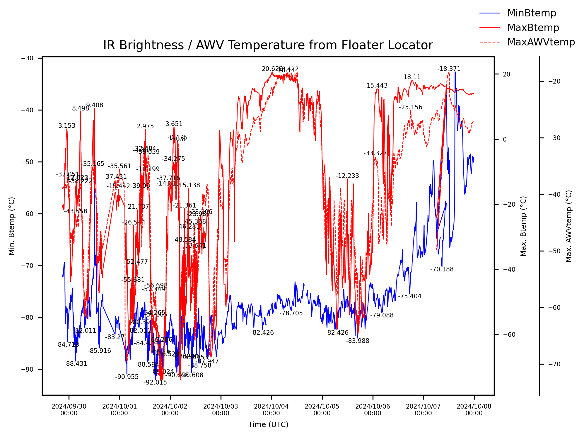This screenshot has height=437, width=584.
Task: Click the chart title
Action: pyautogui.click(x=268, y=45)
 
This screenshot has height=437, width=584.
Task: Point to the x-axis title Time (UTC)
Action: pyautogui.click(x=268, y=424)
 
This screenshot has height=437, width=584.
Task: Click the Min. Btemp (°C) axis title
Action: pyautogui.click(x=12, y=226)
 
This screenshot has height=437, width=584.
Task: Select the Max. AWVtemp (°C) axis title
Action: pyautogui.click(x=568, y=226)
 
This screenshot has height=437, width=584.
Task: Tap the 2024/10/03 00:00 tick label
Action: pyautogui.click(x=221, y=410)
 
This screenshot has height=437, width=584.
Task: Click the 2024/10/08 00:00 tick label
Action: pyautogui.click(x=474, y=410)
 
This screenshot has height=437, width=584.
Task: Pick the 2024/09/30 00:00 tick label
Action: pyautogui.click(x=69, y=410)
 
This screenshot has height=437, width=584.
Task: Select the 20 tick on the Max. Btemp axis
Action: pyautogui.click(x=506, y=74)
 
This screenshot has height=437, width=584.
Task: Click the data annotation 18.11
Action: pyautogui.click(x=412, y=77)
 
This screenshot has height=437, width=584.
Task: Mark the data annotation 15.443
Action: pyautogui.click(x=377, y=86)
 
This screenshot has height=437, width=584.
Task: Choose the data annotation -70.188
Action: pyautogui.click(x=442, y=269)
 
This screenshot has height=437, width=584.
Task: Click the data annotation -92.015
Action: pyautogui.click(x=155, y=382)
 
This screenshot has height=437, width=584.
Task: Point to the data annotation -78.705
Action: pyautogui.click(x=291, y=313)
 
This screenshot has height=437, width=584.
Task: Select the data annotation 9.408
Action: pyautogui.click(x=95, y=105)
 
